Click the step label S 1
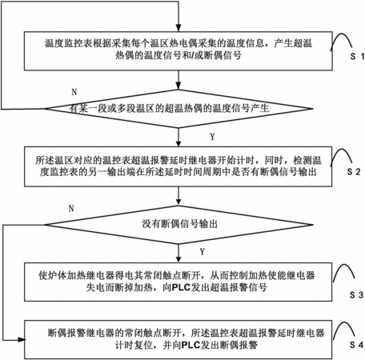pyautogui.click(x=357, y=56)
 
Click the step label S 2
pyautogui.click(x=354, y=172)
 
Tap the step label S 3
pyautogui.click(x=356, y=295)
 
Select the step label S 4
pyautogui.click(x=356, y=345)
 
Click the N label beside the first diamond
pyautogui.click(x=74, y=92)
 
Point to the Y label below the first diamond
pyautogui.click(x=212, y=137)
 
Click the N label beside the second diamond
pyautogui.click(x=71, y=208)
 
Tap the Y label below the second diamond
pyautogui.click(x=203, y=252)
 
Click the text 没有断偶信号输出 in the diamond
pyautogui.click(x=179, y=224)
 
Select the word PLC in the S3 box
pyautogui.click(x=181, y=287)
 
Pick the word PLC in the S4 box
pyautogui.click(x=191, y=346)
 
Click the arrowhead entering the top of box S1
pyautogui.click(x=178, y=28)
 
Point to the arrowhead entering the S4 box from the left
pyautogui.click(x=21, y=340)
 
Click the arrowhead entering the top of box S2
pyautogui.click(x=178, y=143)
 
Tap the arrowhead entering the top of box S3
pyautogui.click(x=178, y=259)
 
